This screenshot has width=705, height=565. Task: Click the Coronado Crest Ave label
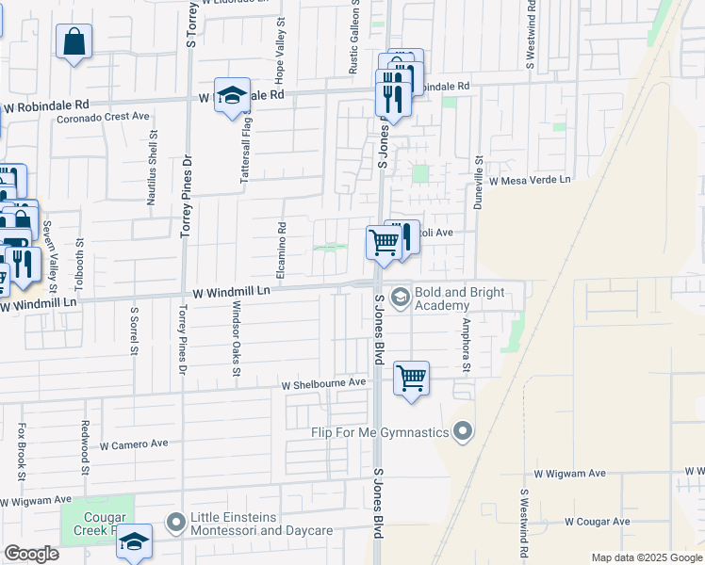point(104,118)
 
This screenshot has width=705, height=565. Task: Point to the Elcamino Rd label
point(281,250)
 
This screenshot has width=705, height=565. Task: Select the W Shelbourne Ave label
point(323,383)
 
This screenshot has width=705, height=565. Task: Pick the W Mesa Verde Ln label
point(530,179)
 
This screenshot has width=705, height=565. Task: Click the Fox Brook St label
point(22,451)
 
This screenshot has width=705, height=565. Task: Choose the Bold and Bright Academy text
point(455,299)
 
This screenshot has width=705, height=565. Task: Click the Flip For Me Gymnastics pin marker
point(462,431)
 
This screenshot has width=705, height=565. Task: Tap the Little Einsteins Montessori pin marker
point(175,522)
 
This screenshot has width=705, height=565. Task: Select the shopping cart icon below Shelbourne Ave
point(411,379)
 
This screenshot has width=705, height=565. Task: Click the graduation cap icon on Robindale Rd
point(232,95)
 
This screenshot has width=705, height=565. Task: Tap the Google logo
point(31,554)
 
